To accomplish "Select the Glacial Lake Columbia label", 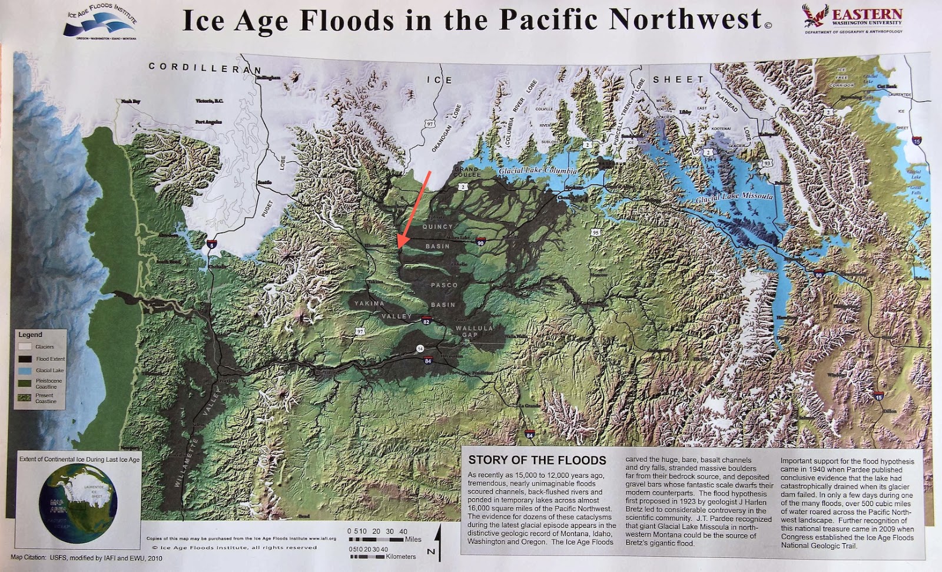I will click(538, 170).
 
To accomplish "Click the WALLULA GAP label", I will click(474, 331).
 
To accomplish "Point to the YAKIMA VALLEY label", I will click(383, 310).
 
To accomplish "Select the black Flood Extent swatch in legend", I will click(25, 359).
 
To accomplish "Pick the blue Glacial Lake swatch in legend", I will click(25, 371).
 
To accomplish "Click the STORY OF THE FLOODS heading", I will click(537, 460).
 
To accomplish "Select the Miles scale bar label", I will click(413, 539).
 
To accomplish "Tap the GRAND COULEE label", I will click(466, 172).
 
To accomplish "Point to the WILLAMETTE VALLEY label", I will click(196, 439).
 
